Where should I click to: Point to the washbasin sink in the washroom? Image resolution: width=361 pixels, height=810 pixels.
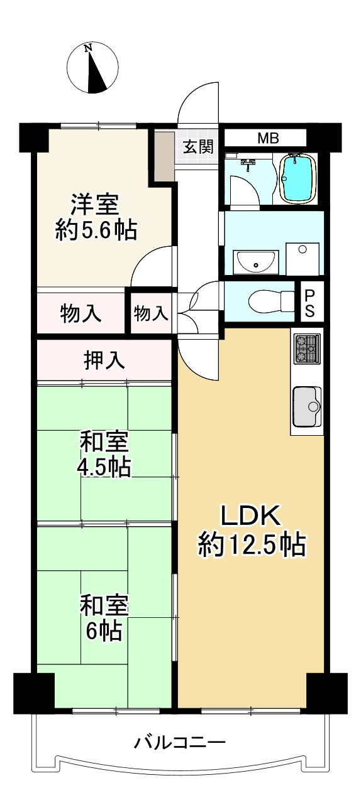[x=256, y=261]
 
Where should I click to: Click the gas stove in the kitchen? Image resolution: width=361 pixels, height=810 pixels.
[x=306, y=348]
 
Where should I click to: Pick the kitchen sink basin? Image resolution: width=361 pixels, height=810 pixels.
[x=307, y=407]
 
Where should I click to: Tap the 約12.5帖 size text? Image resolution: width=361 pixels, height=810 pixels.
[x=252, y=545]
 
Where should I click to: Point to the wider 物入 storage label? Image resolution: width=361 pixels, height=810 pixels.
[x=81, y=313]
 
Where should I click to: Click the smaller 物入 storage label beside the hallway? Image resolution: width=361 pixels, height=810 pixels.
[x=151, y=313]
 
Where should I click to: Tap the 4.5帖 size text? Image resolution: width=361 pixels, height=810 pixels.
[x=104, y=468]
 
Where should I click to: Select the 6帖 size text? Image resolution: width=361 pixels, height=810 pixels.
[x=104, y=630]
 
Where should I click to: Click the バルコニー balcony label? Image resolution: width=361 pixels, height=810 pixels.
[x=179, y=743]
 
